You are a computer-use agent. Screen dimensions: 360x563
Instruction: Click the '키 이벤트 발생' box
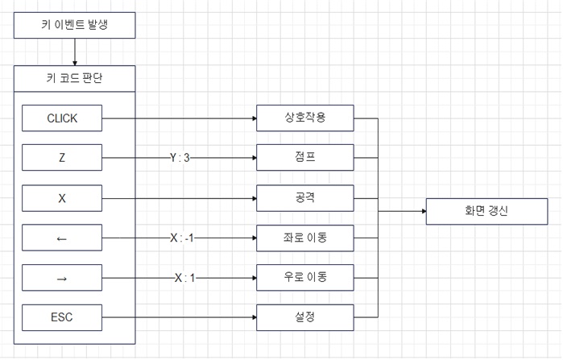click(75, 25)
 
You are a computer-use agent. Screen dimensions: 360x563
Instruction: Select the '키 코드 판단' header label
click(75, 79)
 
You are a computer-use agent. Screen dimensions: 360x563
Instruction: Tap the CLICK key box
click(62, 118)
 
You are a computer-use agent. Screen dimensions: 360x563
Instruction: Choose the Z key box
click(62, 158)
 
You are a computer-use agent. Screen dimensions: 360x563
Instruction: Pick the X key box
click(62, 198)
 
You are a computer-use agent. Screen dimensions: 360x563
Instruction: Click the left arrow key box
click(62, 238)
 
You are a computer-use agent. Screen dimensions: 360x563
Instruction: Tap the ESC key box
click(62, 317)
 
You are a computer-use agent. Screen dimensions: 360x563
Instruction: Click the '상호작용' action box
click(304, 118)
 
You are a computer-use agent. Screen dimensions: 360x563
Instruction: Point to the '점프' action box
click(304, 158)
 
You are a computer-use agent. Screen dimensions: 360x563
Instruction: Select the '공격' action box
click(304, 198)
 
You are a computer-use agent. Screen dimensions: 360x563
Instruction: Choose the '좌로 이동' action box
click(304, 238)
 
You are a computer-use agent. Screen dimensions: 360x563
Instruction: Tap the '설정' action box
click(304, 317)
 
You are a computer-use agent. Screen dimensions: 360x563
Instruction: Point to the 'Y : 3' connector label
click(180, 158)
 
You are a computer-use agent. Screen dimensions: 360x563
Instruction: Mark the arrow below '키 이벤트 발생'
click(75, 53)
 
